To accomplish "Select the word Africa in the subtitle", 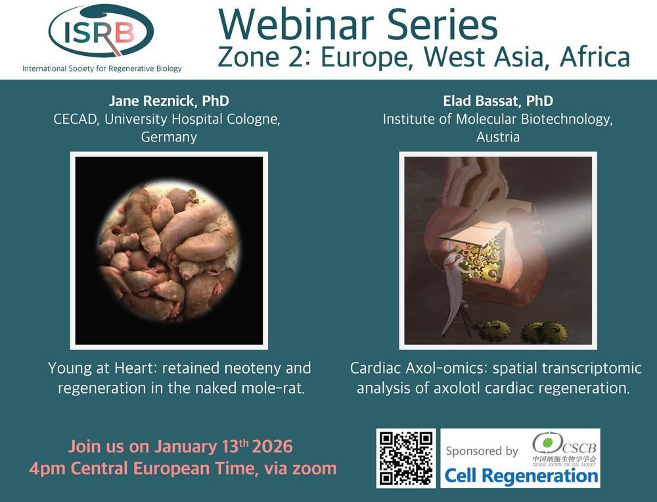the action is click(595, 57).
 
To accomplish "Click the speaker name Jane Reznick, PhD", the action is click(169, 101).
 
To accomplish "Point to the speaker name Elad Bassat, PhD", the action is click(498, 101).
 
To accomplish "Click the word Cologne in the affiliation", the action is click(254, 119).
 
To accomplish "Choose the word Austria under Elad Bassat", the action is click(498, 137).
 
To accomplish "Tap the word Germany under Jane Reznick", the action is click(169, 138).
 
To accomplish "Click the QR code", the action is click(406, 459).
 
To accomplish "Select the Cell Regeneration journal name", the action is click(521, 476).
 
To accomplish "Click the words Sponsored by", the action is click(482, 451).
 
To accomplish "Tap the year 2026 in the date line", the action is click(273, 447).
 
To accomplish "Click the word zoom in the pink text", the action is click(314, 468).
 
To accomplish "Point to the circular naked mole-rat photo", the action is click(169, 251).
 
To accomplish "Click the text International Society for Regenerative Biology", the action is click(102, 68).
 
